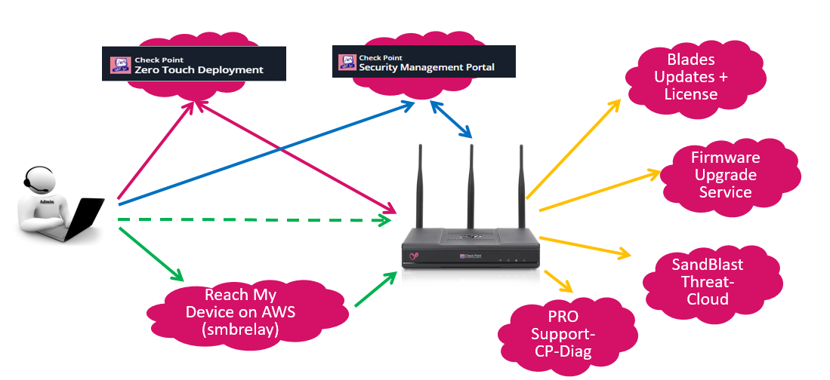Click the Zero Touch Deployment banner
pos(194,64)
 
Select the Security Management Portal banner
pos(424,61)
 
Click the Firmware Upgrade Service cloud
pos(725,175)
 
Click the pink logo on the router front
pos(415,255)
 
